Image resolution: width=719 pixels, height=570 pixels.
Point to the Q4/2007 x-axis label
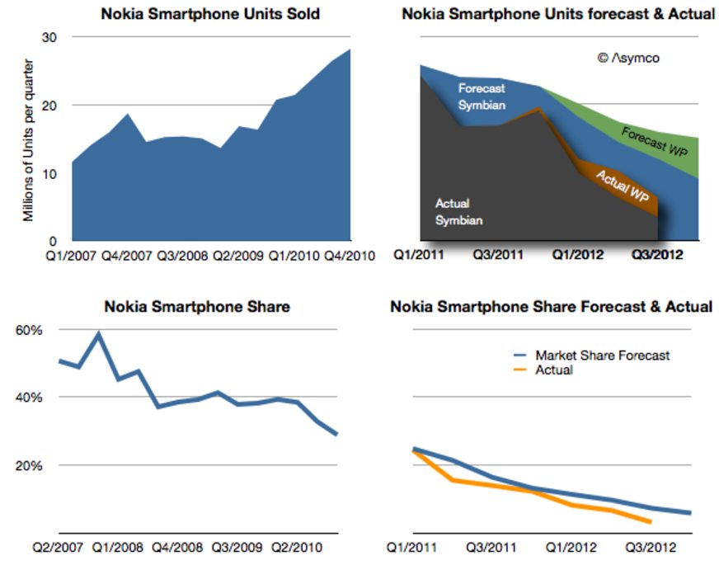point(127,256)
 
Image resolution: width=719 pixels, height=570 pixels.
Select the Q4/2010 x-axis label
point(349,256)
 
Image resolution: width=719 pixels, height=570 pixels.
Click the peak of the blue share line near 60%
point(99,333)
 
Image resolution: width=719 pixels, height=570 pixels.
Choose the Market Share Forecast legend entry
point(602,355)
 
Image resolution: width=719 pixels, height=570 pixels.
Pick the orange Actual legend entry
point(554,370)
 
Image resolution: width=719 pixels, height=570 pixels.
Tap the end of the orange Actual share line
point(651,522)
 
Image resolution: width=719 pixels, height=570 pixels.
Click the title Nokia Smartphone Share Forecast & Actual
point(551,307)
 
